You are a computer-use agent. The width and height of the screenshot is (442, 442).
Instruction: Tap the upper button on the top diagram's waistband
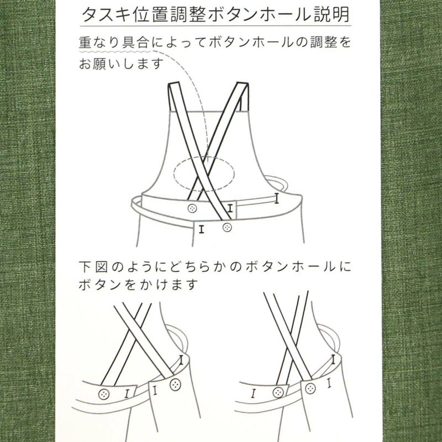click(x=192, y=208)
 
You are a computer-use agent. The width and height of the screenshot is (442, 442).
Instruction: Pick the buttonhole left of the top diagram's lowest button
click(x=202, y=227)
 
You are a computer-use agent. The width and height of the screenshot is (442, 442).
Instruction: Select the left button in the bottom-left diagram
click(x=103, y=393)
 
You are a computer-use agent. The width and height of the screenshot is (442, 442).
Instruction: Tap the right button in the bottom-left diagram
click(x=175, y=384)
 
